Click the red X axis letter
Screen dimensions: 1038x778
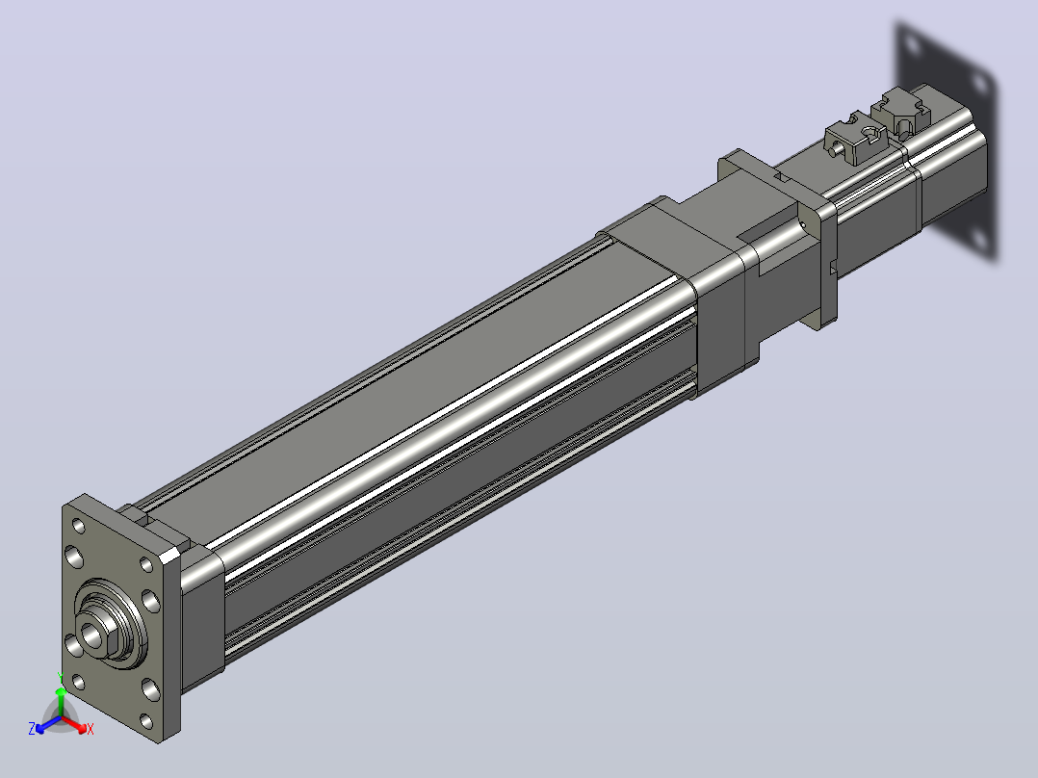[x=91, y=730]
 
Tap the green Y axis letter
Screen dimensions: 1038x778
[x=61, y=677]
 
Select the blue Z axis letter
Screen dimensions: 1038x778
[x=32, y=729]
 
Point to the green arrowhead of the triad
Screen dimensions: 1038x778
[x=61, y=692]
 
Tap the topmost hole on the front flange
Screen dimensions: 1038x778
[x=79, y=527]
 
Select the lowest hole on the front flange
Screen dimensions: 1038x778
[x=147, y=722]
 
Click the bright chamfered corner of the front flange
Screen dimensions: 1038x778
[x=170, y=554]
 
